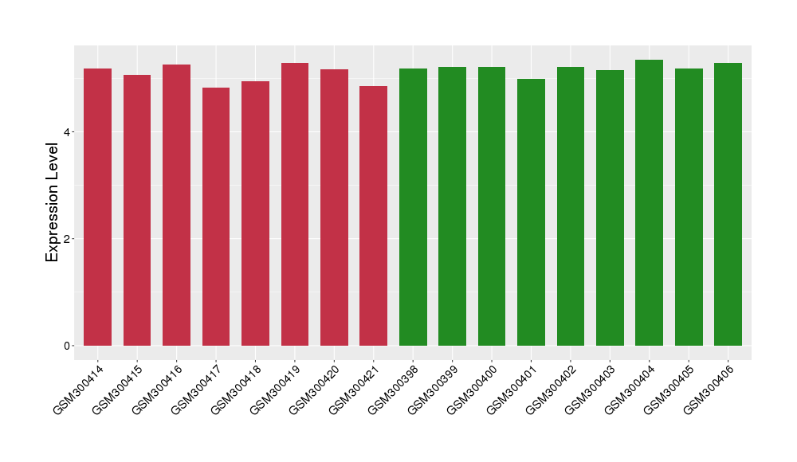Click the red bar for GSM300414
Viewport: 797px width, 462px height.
coord(97,207)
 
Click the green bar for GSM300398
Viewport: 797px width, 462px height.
coord(413,207)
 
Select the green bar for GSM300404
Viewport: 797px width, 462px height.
coord(649,202)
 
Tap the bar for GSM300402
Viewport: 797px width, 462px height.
coord(571,206)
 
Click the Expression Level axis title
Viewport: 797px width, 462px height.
coord(53,202)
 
